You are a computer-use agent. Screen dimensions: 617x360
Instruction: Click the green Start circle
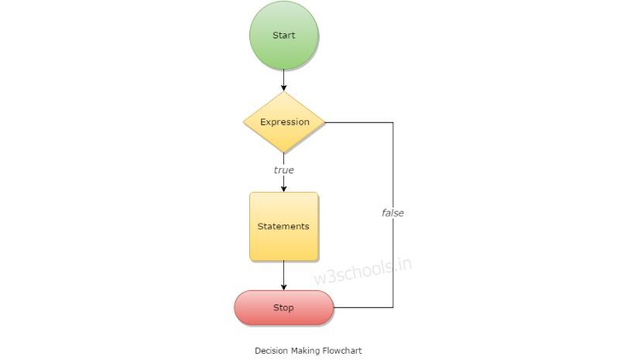[283, 36]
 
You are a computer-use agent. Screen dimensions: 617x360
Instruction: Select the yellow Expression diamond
[284, 122]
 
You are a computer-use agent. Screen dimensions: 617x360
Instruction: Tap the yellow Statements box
[283, 226]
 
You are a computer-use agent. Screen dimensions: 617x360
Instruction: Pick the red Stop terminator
[283, 307]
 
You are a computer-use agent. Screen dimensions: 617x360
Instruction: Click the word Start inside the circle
[283, 35]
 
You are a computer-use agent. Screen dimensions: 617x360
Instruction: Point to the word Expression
[284, 122]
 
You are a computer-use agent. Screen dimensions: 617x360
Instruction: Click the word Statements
[283, 226]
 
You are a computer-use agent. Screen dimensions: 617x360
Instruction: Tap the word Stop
[283, 307]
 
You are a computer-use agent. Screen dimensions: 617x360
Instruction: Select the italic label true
[283, 170]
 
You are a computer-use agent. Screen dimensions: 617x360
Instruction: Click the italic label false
[392, 213]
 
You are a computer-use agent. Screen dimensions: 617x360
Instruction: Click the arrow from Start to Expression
[283, 81]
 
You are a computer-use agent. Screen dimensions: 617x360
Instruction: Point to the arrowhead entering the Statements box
[283, 189]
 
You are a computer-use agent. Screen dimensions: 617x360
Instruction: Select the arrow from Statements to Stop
[283, 276]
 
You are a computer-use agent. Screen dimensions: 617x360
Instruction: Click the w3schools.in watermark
[362, 271]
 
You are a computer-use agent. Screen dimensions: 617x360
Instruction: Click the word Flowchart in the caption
[342, 351]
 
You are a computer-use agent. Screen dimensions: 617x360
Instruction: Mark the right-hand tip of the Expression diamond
[325, 122]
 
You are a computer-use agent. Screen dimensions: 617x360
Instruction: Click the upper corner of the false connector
[393, 122]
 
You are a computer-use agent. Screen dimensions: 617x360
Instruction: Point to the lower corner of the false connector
[393, 307]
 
